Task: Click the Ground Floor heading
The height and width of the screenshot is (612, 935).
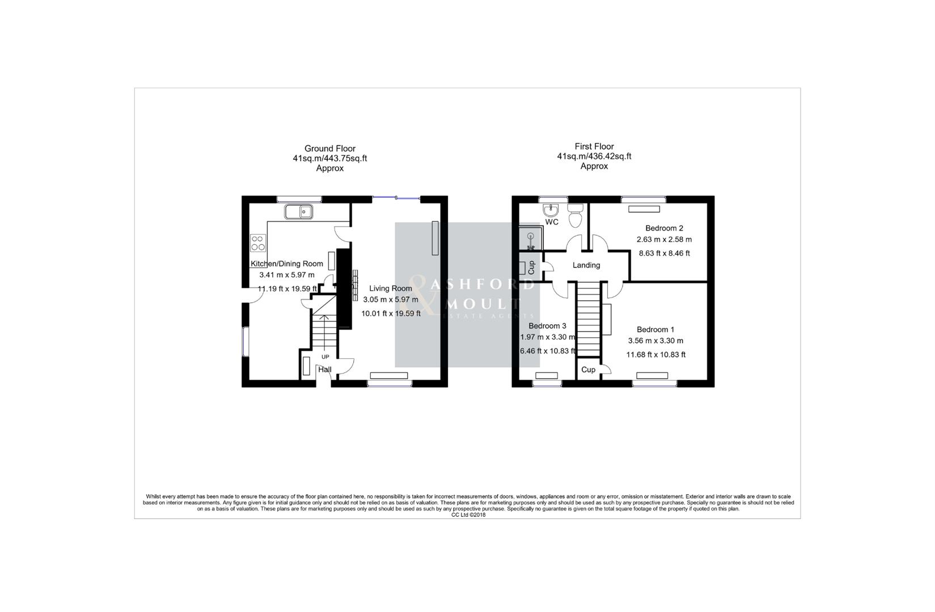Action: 329,148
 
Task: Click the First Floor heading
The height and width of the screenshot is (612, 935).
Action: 594,146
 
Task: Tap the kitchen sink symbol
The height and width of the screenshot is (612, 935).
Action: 299,212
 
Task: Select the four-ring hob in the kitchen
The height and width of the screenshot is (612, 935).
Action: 258,243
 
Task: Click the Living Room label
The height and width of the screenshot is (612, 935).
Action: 390,288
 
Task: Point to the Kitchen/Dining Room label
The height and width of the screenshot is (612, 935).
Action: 287,263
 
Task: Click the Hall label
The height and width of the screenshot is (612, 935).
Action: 325,369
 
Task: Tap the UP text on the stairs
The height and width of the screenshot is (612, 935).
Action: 325,357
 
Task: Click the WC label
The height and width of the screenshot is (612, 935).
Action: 552,222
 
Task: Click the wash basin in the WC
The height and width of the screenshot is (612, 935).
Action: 552,209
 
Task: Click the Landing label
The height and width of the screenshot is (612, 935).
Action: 586,265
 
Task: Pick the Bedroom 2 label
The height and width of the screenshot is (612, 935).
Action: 664,228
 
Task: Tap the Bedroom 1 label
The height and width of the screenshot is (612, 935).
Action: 655,329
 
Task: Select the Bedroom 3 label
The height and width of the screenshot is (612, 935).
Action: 547,326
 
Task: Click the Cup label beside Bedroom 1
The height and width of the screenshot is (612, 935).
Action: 589,369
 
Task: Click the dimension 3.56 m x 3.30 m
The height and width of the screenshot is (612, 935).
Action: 655,341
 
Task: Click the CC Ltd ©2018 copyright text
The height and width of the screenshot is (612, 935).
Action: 468,515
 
